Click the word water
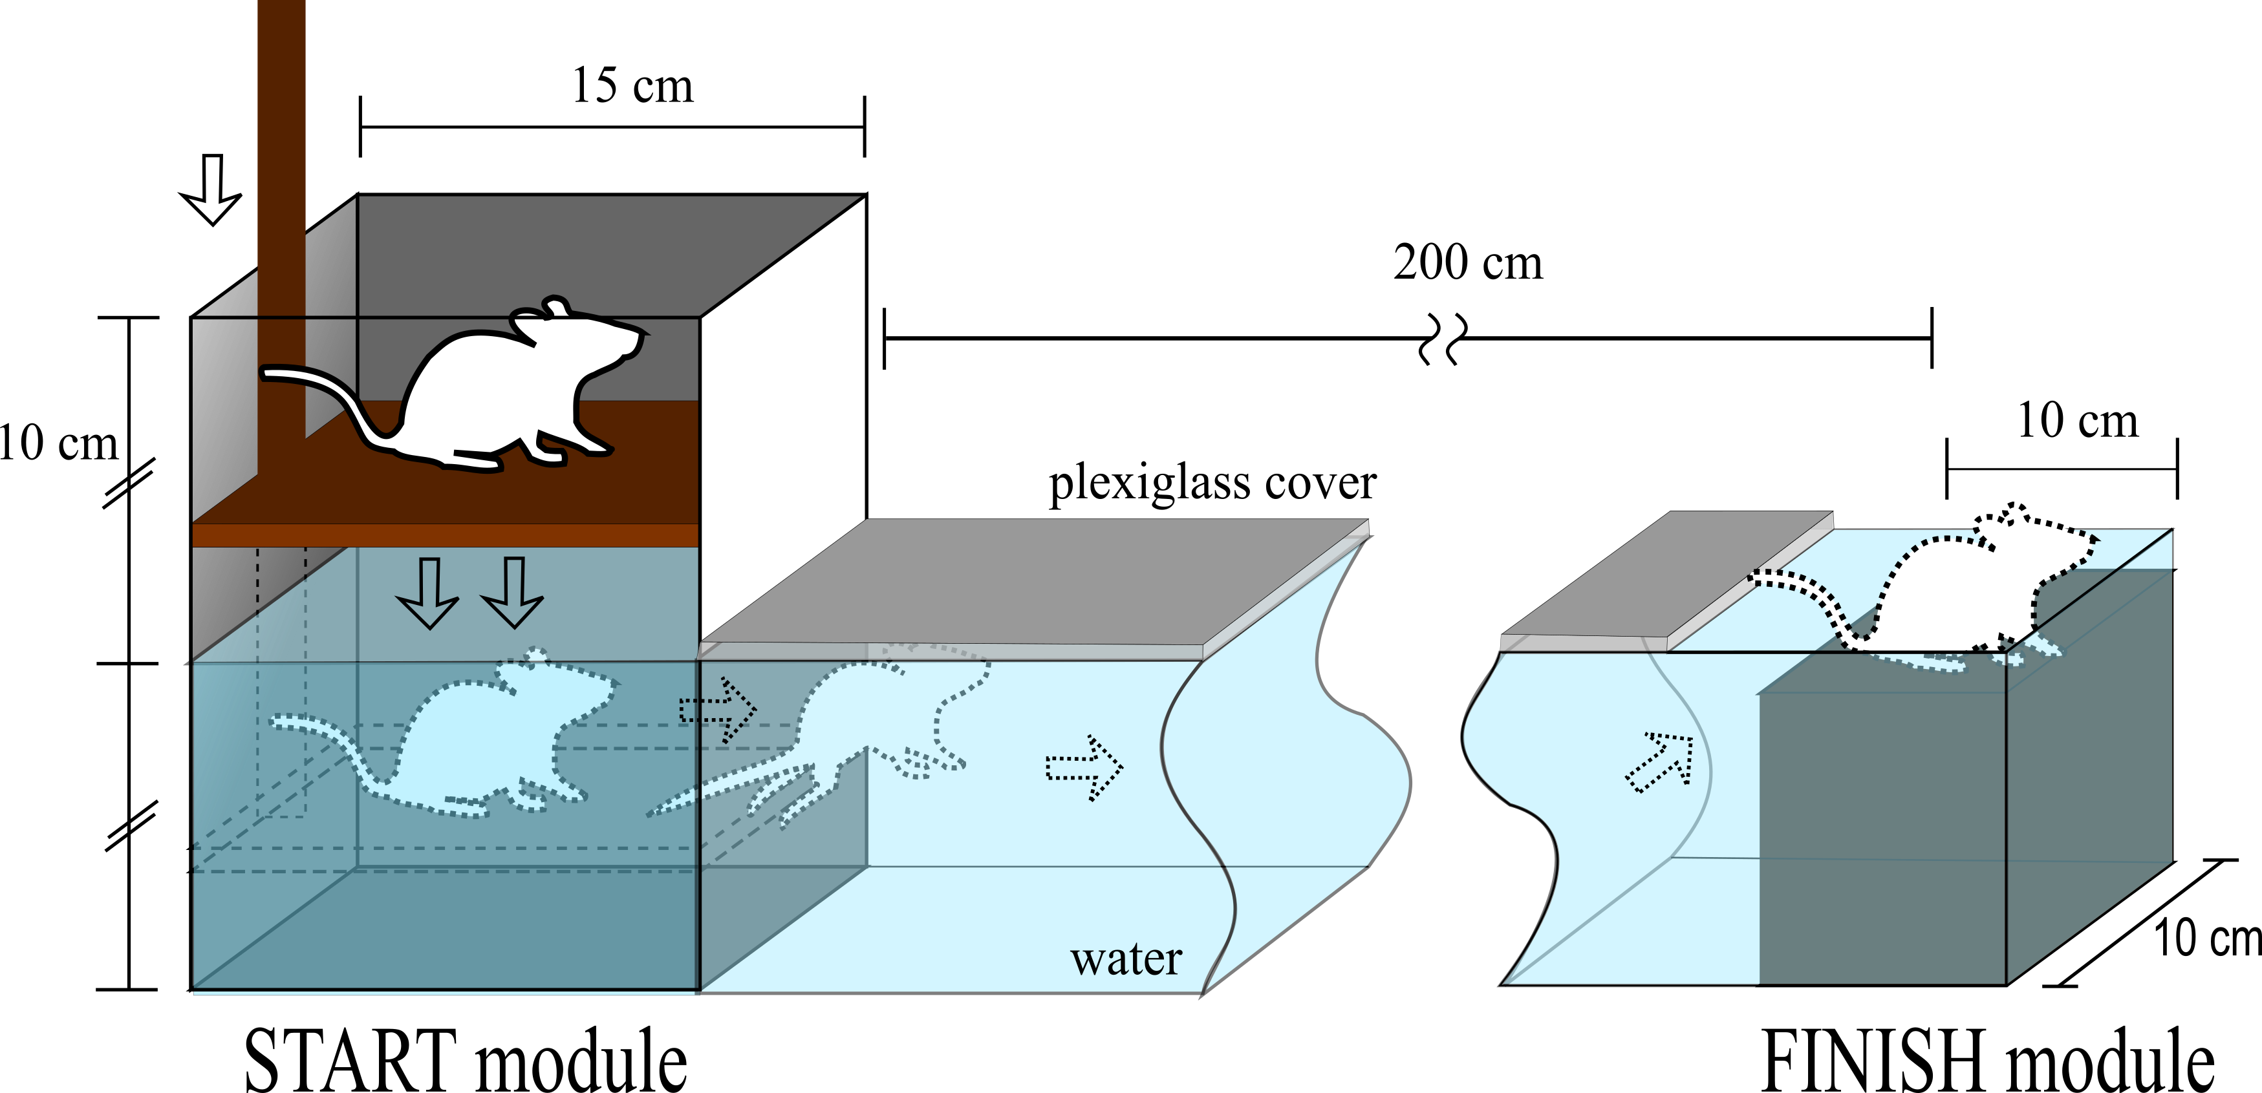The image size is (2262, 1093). (x=1126, y=960)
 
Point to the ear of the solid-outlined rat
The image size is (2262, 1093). (x=557, y=307)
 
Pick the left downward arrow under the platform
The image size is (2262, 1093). (x=427, y=593)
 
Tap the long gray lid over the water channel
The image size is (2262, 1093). (x=1036, y=584)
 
